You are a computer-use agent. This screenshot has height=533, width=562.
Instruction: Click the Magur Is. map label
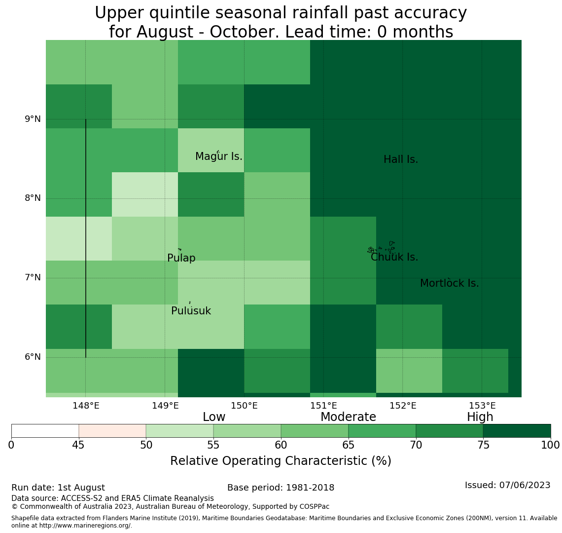(x=218, y=156)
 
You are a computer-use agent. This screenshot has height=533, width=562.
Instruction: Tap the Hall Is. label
(x=401, y=159)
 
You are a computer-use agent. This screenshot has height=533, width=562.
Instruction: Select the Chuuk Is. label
(x=394, y=257)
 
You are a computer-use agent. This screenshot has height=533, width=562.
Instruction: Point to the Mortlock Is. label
(x=450, y=283)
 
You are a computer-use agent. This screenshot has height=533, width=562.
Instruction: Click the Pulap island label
(x=181, y=258)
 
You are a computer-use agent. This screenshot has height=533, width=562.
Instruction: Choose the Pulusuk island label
(x=191, y=311)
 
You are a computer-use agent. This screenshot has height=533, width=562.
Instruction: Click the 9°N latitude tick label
(x=33, y=119)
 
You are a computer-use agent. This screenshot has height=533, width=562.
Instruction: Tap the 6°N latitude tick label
(x=33, y=357)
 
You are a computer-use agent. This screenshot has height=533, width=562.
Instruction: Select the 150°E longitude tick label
(x=245, y=406)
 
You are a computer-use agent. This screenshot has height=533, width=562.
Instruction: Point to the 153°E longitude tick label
(x=483, y=406)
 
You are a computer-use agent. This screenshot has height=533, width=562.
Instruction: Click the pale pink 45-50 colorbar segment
(x=112, y=431)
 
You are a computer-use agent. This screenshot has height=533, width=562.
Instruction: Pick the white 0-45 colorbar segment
(x=45, y=431)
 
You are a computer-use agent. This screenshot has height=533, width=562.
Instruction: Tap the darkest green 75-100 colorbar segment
(x=517, y=431)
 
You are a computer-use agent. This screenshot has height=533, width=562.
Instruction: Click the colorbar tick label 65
(x=349, y=446)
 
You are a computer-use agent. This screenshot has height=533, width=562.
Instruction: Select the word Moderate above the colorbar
(x=348, y=417)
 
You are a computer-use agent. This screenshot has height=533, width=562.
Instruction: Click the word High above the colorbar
(x=480, y=417)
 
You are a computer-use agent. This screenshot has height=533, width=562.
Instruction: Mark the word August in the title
(x=165, y=32)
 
